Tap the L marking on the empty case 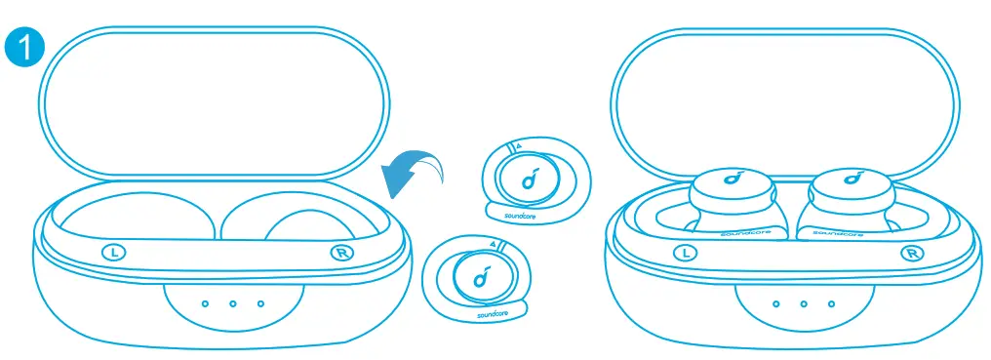point(114,252)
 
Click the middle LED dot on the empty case point(232,303)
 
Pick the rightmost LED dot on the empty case point(260,303)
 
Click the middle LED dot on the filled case point(804,304)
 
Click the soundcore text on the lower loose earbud point(493,315)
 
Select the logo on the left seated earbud point(732,179)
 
